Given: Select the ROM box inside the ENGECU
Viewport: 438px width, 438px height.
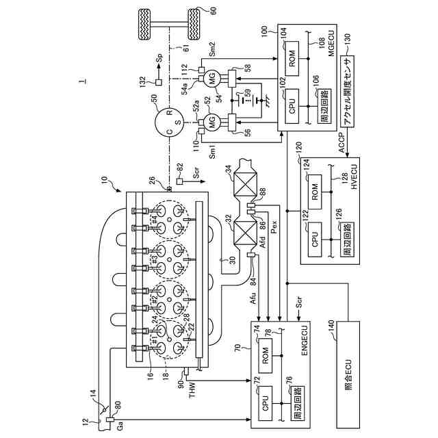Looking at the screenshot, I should pyautogui.click(x=264, y=357).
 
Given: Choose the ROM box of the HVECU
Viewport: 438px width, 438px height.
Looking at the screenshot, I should pyautogui.click(x=314, y=190).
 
